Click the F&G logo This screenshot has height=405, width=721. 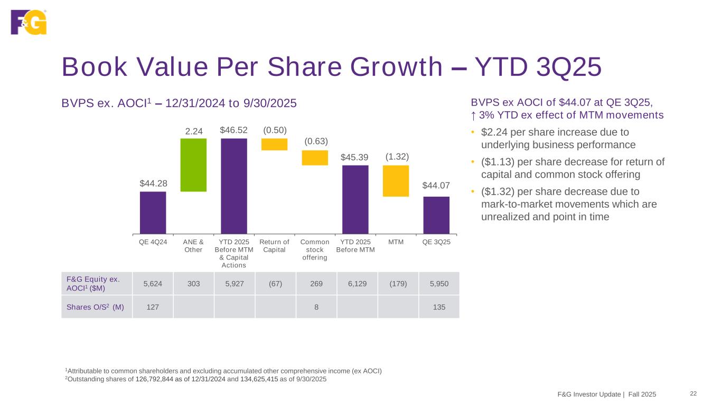click(x=29, y=22)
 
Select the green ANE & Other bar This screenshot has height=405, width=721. click(x=193, y=165)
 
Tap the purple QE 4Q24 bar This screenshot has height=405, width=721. click(x=153, y=212)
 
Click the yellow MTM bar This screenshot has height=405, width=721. click(x=396, y=180)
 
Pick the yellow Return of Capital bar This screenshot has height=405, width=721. click(x=274, y=144)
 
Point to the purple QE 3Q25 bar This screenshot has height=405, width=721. click(x=436, y=215)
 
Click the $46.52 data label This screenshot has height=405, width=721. click(x=234, y=130)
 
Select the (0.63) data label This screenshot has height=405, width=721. click(x=316, y=141)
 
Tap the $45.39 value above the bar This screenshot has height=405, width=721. click(x=355, y=157)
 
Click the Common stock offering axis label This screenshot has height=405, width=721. click(x=315, y=249)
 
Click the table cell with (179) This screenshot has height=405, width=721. click(x=398, y=283)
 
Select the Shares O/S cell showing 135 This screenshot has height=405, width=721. click(x=438, y=306)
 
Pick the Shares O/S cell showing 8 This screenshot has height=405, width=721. click(x=316, y=306)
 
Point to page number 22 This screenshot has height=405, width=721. click(x=694, y=394)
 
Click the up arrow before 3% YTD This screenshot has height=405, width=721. click(x=474, y=115)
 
